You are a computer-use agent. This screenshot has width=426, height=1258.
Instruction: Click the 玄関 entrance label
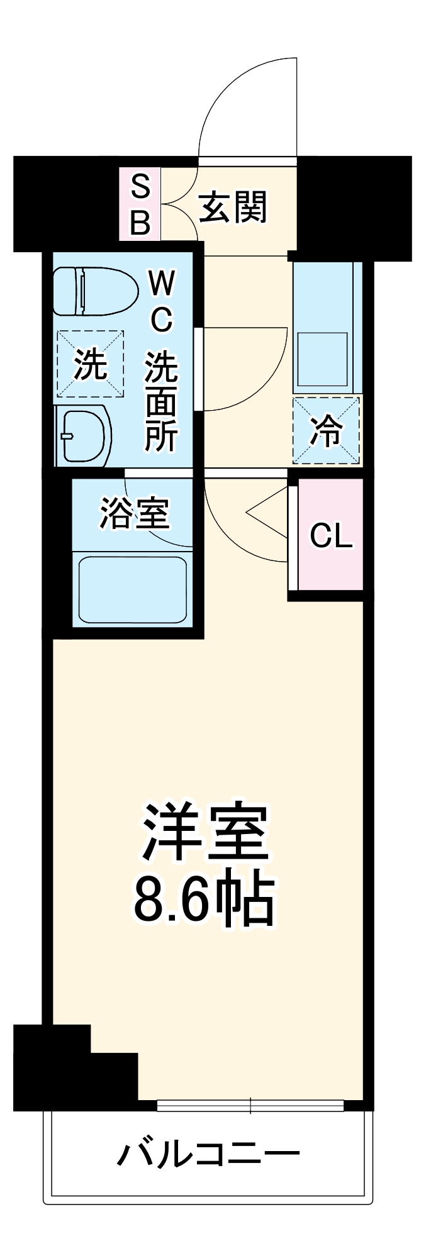click(x=233, y=207)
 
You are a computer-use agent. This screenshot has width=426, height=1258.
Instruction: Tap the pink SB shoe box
click(x=140, y=204)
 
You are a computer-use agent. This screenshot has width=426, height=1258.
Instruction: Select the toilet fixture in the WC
click(x=94, y=291)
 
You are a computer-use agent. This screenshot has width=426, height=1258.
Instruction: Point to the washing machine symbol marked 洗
click(x=90, y=364)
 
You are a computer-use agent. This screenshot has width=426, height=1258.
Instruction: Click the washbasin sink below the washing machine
click(x=83, y=437)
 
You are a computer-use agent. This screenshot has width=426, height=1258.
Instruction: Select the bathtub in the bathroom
click(x=132, y=589)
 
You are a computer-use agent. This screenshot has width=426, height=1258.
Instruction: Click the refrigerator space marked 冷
click(x=326, y=431)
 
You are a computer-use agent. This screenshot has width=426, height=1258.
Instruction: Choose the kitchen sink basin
click(x=322, y=359)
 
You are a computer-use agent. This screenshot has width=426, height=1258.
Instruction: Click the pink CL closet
click(x=331, y=535)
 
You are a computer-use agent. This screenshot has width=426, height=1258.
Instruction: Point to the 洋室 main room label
click(x=205, y=832)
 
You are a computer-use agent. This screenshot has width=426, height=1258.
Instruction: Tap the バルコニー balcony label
click(x=208, y=1154)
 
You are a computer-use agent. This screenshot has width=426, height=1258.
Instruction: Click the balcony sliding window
click(x=250, y=1105)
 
